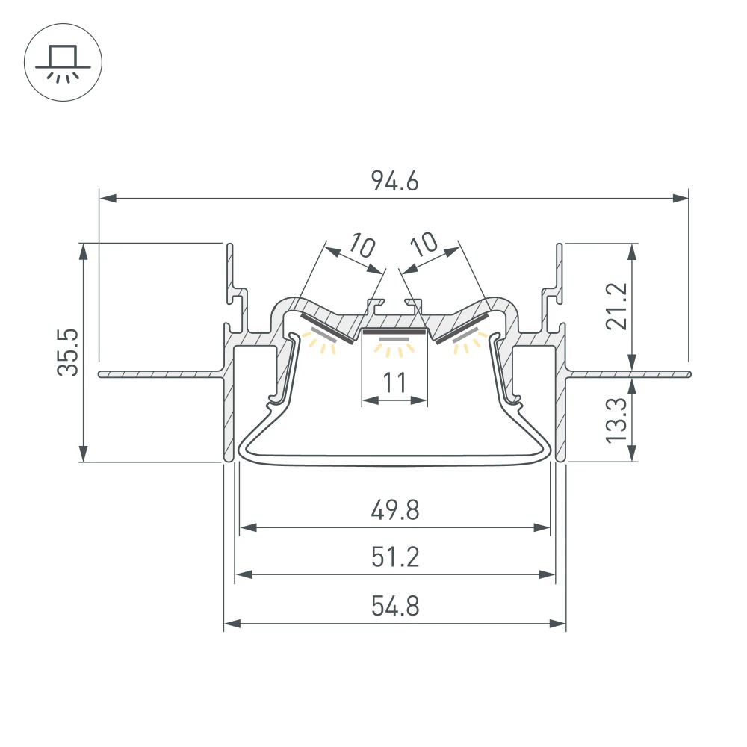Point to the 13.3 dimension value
coord(617,420)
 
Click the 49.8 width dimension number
coord(394,511)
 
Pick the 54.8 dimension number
coord(394,606)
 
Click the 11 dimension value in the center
coord(394,383)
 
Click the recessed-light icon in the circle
coord(63,63)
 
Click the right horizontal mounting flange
coord(627,373)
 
